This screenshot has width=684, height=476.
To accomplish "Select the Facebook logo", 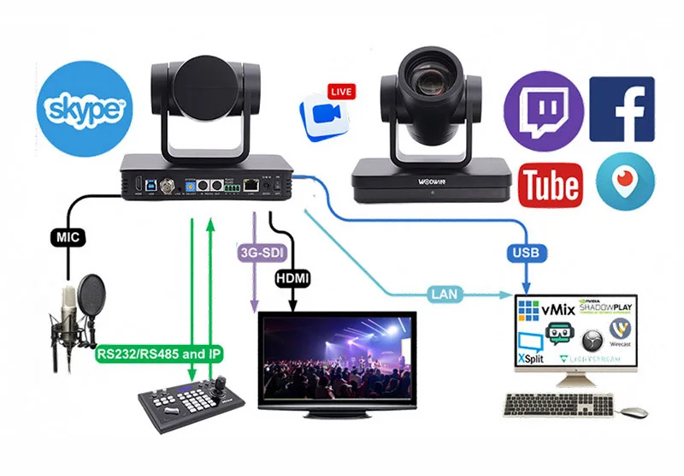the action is (622, 109).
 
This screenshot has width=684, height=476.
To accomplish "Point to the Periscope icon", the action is (622, 181).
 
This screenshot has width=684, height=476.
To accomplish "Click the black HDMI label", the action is (293, 277).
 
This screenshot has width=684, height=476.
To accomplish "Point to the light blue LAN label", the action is (446, 295).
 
